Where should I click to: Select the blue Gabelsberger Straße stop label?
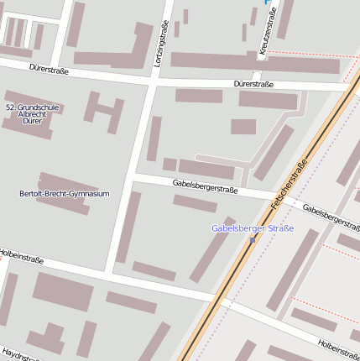tap(253, 228)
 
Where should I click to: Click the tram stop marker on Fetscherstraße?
tap(253, 240)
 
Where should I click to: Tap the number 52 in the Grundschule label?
tap(10, 107)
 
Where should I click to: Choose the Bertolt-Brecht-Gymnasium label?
tap(65, 194)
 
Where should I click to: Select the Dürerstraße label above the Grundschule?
tap(49, 71)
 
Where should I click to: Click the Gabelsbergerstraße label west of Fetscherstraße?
tap(205, 186)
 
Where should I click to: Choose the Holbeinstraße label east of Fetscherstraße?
tap(339, 345)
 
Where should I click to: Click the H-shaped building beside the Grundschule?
tap(103, 111)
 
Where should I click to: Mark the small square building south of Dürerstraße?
tap(243, 127)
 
